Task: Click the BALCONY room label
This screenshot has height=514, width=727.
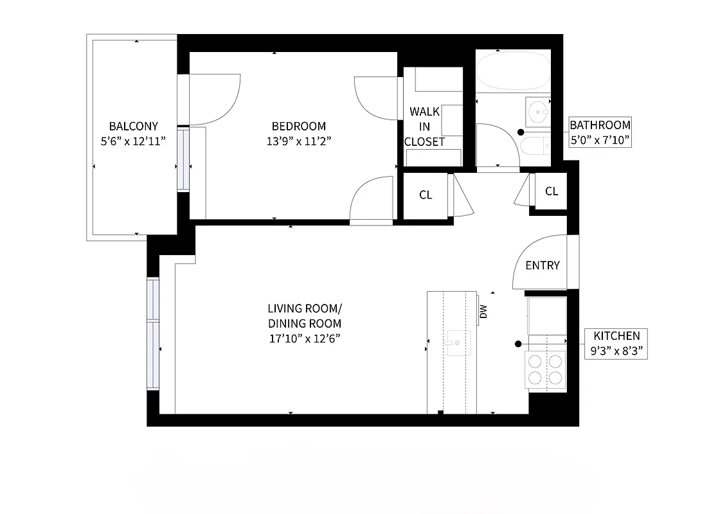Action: pyautogui.click(x=133, y=127)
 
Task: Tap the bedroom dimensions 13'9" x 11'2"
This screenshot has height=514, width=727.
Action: pyautogui.click(x=298, y=141)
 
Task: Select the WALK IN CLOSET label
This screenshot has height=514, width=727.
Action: pyautogui.click(x=424, y=127)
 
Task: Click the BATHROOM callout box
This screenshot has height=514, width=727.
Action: pyautogui.click(x=600, y=132)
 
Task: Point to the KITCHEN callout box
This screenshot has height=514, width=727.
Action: pyautogui.click(x=616, y=343)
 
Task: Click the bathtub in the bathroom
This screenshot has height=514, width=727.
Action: pyautogui.click(x=513, y=72)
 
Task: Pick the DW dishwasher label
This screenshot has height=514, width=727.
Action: pyautogui.click(x=483, y=312)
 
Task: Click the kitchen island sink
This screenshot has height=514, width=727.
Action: pyautogui.click(x=458, y=342)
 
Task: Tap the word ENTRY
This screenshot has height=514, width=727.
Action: pyautogui.click(x=543, y=265)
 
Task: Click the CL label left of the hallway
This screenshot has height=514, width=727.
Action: pyautogui.click(x=426, y=195)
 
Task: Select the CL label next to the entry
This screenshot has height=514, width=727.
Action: pyautogui.click(x=551, y=191)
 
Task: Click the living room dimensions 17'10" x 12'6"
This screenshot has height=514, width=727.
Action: pyautogui.click(x=304, y=338)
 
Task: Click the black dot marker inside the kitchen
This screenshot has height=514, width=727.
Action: pyautogui.click(x=517, y=344)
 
